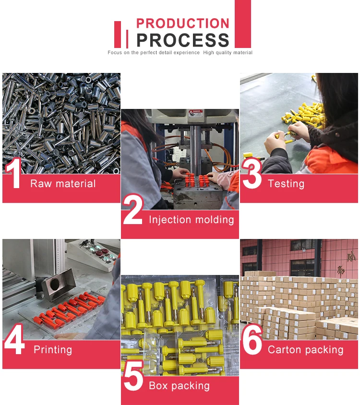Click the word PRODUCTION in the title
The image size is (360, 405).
183,23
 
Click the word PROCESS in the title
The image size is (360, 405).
183,40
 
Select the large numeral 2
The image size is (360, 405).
132,209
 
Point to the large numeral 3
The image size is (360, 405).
252,173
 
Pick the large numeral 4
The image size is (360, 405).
14,339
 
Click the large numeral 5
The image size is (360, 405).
133,375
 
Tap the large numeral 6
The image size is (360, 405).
252,339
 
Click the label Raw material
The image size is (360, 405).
63,184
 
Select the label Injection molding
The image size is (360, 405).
192,220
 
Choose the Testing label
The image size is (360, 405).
286,184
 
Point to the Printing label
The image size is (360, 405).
53,350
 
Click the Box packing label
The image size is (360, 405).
180,386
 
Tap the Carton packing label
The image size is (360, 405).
305,350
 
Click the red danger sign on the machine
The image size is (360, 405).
196,112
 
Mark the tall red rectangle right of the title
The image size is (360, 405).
243,24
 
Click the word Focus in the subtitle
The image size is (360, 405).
115,53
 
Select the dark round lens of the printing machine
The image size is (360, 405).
55,284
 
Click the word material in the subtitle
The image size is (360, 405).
242,53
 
